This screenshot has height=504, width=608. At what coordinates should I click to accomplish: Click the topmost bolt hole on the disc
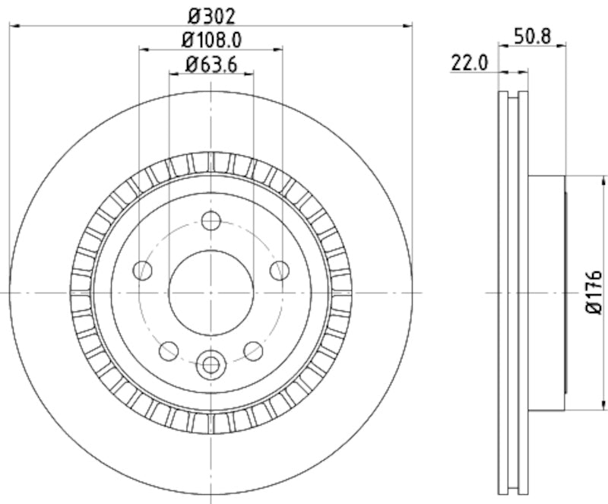[211, 221]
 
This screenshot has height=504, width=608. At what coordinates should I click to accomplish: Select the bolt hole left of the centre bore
[141, 269]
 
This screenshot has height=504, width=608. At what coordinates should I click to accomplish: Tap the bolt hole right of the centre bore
[280, 269]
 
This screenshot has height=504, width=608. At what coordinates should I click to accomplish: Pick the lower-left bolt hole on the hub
[169, 350]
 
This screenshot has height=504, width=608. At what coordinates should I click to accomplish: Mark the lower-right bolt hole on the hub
[254, 350]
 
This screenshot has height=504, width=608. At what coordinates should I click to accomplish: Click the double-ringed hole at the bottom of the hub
[211, 364]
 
